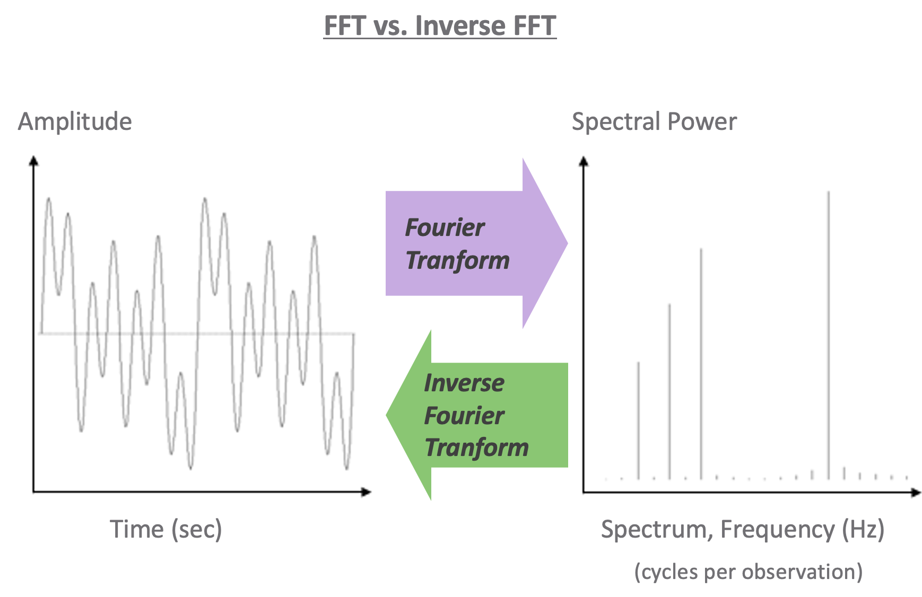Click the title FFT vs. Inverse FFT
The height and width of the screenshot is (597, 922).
pos(440,25)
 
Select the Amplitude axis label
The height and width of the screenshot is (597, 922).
pos(75,121)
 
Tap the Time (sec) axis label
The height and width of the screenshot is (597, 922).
pos(166,529)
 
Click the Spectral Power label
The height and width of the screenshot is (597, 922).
pos(654,121)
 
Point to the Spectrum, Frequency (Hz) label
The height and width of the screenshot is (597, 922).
pos(743,529)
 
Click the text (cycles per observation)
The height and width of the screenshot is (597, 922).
pos(749,572)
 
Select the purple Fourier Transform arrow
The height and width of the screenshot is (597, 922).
pos(467,243)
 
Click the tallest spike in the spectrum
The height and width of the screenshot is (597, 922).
pos(829,334)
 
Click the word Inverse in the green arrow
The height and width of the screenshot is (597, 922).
pos(464,383)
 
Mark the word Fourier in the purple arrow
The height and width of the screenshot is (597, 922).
pos(445,227)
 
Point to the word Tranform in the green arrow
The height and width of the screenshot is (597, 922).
pos(476,447)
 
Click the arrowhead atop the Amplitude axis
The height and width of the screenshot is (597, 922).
pos(34,161)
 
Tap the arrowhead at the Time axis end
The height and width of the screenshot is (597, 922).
pos(366,492)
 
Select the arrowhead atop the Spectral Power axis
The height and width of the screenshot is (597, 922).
pos(584,161)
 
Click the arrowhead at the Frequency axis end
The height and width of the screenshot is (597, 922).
pos(916,493)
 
